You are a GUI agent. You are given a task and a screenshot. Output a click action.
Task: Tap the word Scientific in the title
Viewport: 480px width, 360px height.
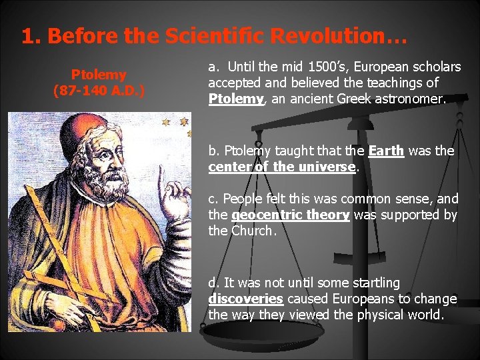[210, 37]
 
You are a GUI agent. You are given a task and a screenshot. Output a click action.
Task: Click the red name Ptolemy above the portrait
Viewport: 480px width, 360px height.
[99, 74]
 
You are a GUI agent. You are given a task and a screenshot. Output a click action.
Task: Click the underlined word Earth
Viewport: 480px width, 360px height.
[386, 151]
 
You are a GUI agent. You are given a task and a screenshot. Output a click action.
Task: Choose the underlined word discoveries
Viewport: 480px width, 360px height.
[246, 298]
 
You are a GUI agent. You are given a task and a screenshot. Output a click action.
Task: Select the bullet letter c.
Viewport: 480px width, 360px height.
[213, 199]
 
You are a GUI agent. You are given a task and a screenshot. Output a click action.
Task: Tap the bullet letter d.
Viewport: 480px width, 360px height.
[213, 282]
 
